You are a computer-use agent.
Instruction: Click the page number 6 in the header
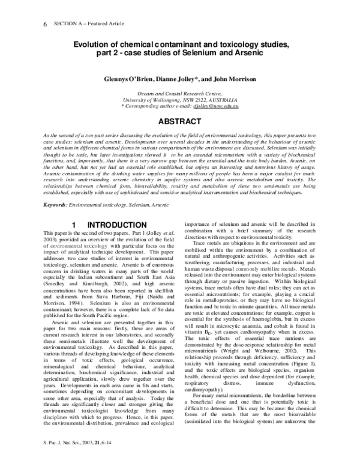click(45, 25)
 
